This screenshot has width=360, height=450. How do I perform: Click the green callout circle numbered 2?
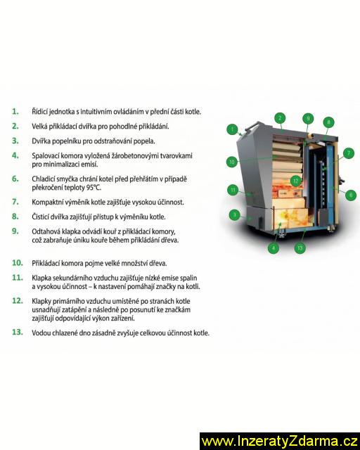[x=280, y=117]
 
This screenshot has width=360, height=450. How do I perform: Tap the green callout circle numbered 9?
[x=308, y=118]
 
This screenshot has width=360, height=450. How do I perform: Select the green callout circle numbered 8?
[x=328, y=122]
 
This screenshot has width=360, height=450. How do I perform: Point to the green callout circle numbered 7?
[x=349, y=153]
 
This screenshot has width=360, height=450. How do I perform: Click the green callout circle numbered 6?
[x=351, y=195]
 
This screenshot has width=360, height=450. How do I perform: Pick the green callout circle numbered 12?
[x=296, y=181]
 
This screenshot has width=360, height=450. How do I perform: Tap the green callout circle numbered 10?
[x=232, y=162]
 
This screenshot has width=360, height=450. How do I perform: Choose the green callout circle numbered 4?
[x=274, y=248]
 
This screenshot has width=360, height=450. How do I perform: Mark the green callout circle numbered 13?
[x=300, y=248]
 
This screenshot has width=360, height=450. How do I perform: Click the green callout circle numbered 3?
[x=235, y=214]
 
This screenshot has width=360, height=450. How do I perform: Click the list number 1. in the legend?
[x=15, y=111]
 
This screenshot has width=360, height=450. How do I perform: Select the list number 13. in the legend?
[x=17, y=332]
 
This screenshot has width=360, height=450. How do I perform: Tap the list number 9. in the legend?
[x=15, y=231]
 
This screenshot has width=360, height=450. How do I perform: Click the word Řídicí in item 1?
[x=39, y=111]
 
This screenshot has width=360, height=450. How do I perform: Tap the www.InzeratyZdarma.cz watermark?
[x=280, y=442]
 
